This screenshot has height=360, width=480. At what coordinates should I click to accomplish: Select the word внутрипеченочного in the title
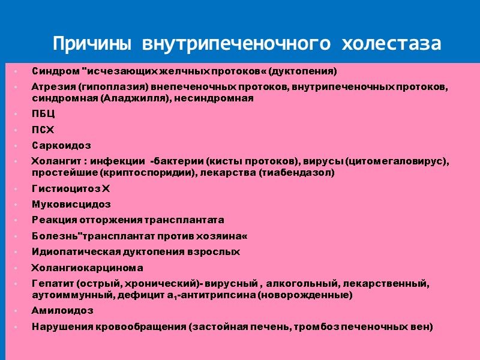click(x=235, y=44)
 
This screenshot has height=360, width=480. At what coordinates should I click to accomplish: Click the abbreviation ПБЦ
click(x=43, y=114)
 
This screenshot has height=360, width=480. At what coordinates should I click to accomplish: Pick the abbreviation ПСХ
click(x=43, y=130)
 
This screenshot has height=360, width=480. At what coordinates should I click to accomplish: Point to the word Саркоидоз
click(x=61, y=145)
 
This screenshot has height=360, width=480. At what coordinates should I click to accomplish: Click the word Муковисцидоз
click(x=71, y=204)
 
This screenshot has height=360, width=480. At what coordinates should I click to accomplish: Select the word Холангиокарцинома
click(x=87, y=268)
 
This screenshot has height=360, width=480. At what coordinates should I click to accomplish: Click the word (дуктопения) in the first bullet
click(x=303, y=71)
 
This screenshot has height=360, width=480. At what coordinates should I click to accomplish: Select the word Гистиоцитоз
click(x=66, y=189)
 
